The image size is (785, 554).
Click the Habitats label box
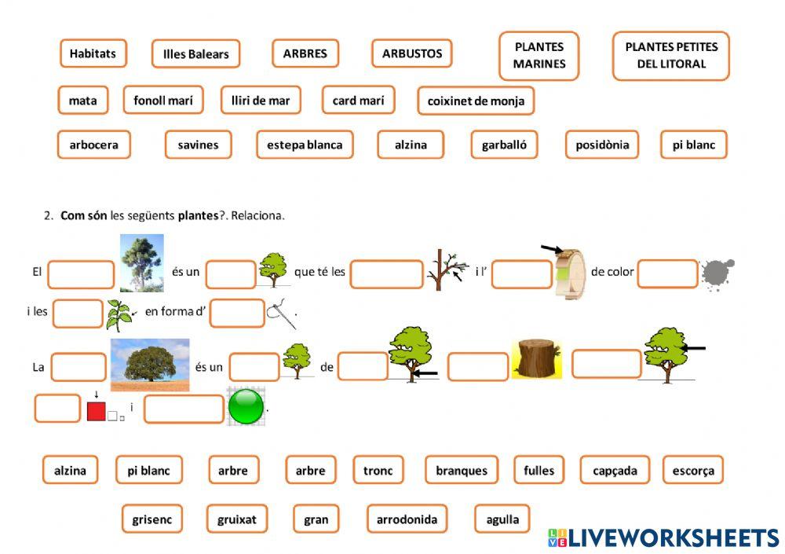(93, 53)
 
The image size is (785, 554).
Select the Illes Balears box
(195, 54)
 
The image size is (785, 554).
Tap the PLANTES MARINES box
(539, 56)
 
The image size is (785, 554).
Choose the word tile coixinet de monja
(476, 101)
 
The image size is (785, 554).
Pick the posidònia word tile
(602, 145)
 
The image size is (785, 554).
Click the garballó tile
(504, 145)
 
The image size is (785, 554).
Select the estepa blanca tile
(305, 145)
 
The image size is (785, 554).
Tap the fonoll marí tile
(163, 100)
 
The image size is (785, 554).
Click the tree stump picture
(537, 359)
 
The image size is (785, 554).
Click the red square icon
(97, 411)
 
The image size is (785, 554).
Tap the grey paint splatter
(717, 274)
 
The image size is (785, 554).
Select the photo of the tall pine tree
(141, 263)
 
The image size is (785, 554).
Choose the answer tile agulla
(502, 519)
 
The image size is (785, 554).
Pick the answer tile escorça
(693, 470)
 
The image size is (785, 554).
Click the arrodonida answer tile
(407, 519)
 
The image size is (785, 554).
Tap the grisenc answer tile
(152, 519)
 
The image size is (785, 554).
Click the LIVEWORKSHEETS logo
(663, 537)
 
